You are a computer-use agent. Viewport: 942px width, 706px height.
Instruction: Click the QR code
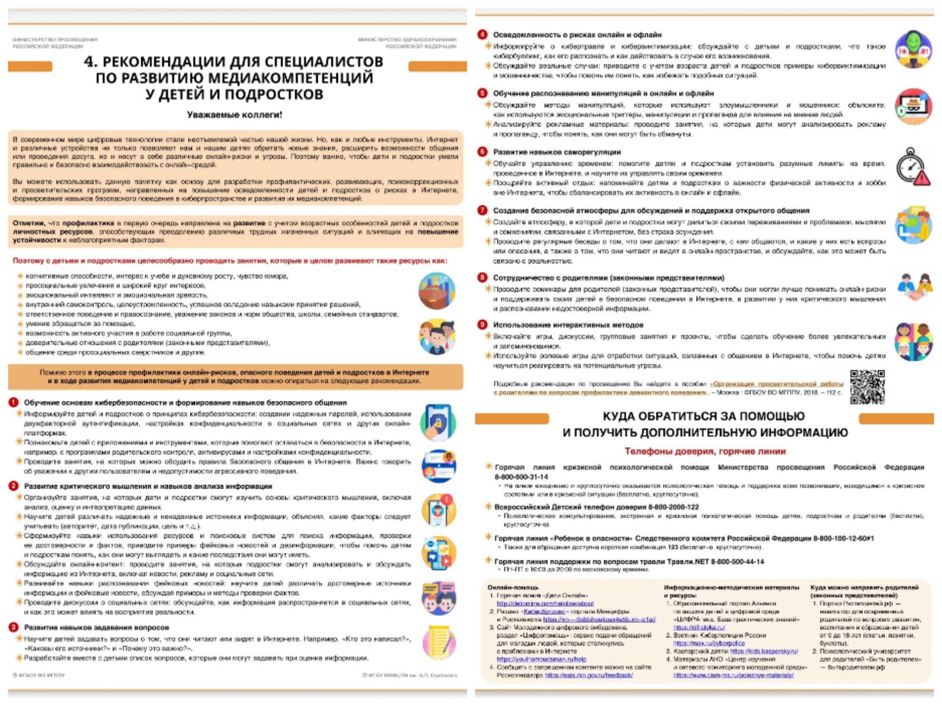[867, 386]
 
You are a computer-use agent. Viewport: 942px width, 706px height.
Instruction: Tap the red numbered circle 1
[14, 402]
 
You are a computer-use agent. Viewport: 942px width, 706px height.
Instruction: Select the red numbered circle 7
[482, 210]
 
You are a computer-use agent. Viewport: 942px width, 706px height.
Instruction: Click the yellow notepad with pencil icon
[439, 642]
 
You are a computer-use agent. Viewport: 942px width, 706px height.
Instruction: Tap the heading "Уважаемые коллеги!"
[235, 115]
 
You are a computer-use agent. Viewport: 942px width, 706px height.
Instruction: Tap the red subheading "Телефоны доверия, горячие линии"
[705, 451]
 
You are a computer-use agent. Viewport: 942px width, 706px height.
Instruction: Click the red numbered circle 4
[482, 34]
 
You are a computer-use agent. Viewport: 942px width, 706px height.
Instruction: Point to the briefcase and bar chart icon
[437, 291]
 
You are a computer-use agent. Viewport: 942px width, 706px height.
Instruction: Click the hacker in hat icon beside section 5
[913, 107]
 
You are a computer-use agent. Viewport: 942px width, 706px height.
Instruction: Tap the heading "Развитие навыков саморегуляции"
[557, 152]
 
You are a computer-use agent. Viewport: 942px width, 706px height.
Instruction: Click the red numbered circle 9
[482, 325]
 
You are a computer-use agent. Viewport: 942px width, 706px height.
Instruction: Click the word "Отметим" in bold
[29, 223]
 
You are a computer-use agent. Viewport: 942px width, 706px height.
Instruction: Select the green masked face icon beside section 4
[913, 49]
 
